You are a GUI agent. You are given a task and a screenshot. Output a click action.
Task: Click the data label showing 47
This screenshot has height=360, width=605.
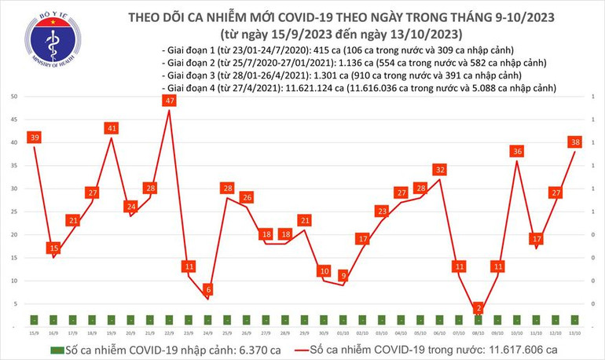pyautogui.click(x=170, y=101)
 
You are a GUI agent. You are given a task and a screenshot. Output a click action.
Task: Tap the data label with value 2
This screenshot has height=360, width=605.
pyautogui.click(x=478, y=308)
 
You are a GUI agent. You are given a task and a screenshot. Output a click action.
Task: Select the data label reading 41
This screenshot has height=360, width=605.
pyautogui.click(x=112, y=128)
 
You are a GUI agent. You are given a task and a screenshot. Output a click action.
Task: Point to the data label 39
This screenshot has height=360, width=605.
pyautogui.click(x=33, y=138)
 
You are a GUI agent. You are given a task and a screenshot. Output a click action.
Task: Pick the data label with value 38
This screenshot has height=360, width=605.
pyautogui.click(x=575, y=142)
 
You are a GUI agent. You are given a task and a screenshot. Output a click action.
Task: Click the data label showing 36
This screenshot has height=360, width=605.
pyautogui.click(x=517, y=151)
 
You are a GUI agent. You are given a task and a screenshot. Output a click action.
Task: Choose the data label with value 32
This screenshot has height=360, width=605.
pyautogui.click(x=440, y=169)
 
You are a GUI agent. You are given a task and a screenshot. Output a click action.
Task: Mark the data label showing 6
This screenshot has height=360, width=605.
pyautogui.click(x=208, y=289)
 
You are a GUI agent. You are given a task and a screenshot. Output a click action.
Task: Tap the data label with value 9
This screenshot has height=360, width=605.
pyautogui.click(x=343, y=275)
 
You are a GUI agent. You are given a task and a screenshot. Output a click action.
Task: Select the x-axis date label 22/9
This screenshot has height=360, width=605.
pyautogui.click(x=170, y=332)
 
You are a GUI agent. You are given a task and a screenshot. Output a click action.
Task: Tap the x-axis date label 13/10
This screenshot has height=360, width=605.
pyautogui.click(x=575, y=332)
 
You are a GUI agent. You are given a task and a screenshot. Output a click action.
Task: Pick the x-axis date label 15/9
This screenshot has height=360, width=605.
pyautogui.click(x=35, y=332)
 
